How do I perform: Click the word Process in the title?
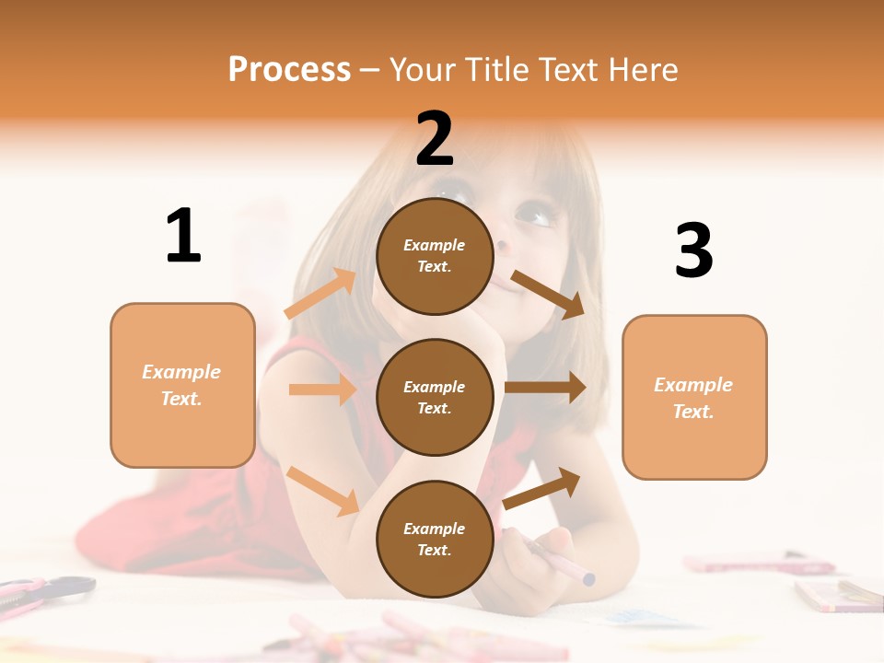click(289, 70)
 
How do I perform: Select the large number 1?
click(183, 237)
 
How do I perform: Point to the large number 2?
click(435, 139)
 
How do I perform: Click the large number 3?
click(693, 251)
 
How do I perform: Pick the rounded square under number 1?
click(182, 385)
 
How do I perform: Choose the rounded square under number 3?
click(694, 397)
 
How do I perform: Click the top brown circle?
click(435, 256)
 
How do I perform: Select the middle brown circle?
click(435, 397)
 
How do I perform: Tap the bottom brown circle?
click(435, 539)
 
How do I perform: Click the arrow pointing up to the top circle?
click(320, 294)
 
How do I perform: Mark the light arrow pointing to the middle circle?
click(322, 390)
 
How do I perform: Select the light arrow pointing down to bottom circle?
click(322, 490)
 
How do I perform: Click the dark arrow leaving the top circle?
click(548, 294)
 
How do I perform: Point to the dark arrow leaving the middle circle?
click(545, 388)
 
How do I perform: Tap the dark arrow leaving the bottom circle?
click(542, 488)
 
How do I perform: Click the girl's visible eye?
click(536, 216)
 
